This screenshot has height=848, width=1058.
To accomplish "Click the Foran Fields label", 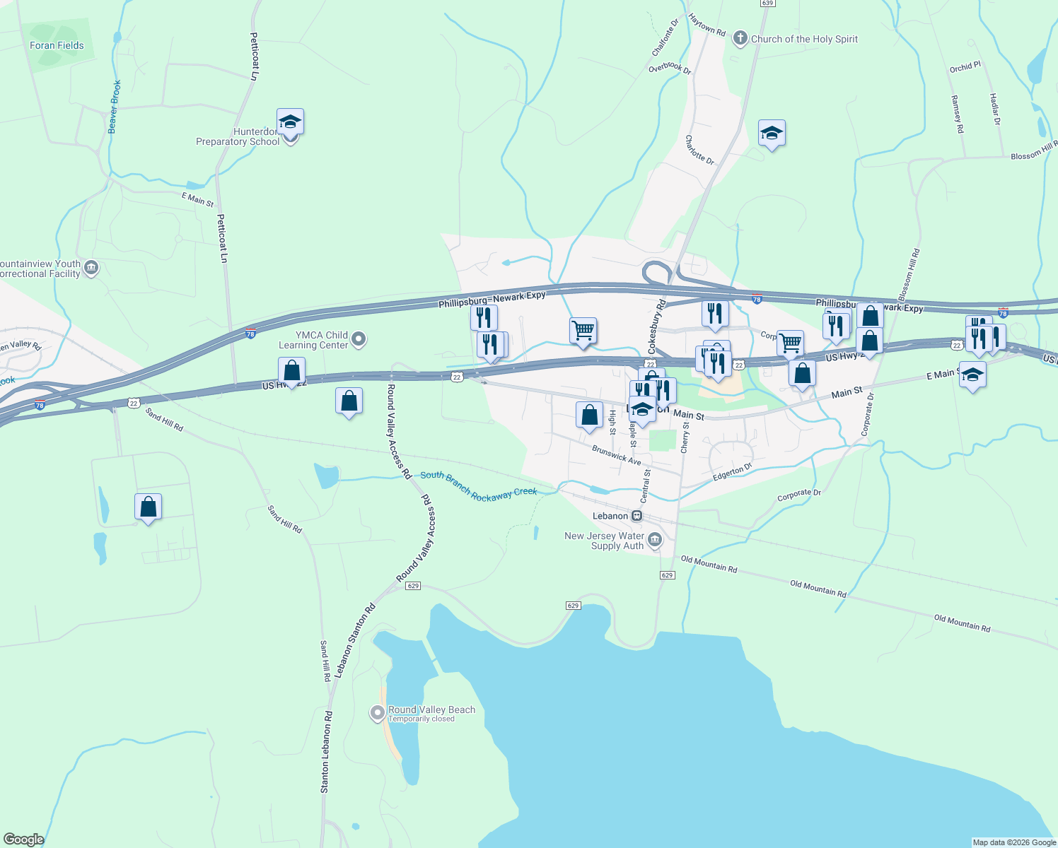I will [57, 45].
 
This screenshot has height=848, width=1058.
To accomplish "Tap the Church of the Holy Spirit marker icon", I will [740, 39].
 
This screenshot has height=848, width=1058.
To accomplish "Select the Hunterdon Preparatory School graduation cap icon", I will [290, 122].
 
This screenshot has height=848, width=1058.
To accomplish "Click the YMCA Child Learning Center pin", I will [359, 340].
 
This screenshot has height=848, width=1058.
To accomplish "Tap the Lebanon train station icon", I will [637, 516].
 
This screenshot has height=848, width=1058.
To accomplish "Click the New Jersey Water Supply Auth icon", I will [655, 541].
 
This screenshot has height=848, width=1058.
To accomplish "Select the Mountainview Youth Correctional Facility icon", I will [91, 269].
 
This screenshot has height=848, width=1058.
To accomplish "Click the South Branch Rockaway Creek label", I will [479, 485].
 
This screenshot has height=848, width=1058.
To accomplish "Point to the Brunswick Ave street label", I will [617, 455].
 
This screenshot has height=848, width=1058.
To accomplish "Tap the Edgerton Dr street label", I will [733, 472].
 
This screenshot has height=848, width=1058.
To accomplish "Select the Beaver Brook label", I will [114, 107].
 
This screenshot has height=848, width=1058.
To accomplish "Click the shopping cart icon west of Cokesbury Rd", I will [583, 330].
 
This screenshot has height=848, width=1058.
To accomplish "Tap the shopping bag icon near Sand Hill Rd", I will [148, 507].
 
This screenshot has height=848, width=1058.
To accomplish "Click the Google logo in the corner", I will [23, 840].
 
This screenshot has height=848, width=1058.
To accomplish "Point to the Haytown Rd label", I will [707, 26].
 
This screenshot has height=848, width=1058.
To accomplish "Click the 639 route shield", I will [768, 4].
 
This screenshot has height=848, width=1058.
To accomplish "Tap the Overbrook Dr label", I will [670, 68].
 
